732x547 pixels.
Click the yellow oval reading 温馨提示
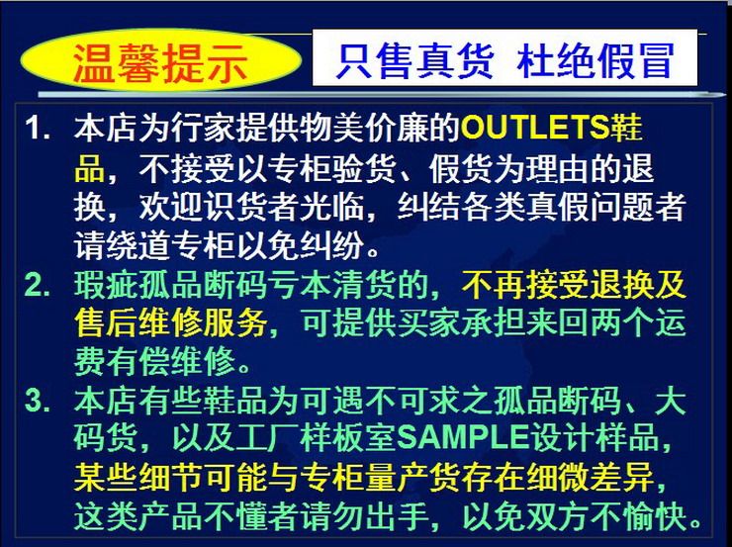pos(160,59)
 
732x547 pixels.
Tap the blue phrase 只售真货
pos(415,60)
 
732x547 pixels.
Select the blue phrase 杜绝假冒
pos(595,60)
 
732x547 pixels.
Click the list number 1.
pos(37,128)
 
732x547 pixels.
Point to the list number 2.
pos(37,285)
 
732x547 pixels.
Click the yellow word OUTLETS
pos(535,128)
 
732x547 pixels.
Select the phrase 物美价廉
pos(363,128)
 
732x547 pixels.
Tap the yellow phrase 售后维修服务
pos(170,323)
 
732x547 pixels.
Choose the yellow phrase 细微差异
pos(590,476)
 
